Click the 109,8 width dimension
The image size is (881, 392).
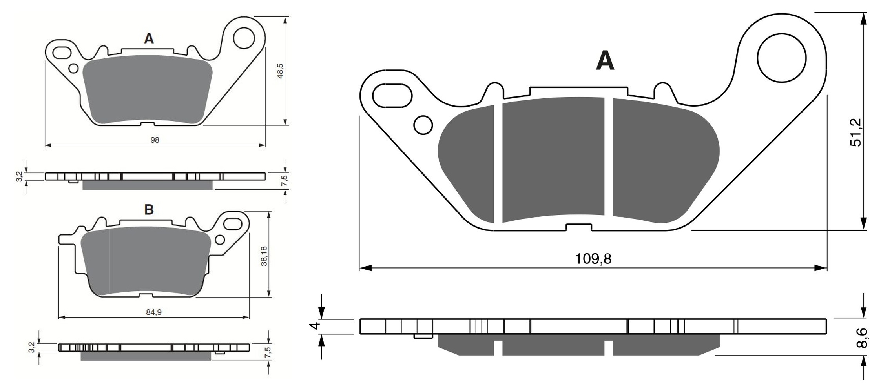tap(593, 259)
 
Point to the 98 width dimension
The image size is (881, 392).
tap(155, 140)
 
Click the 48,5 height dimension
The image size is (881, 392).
tap(280, 71)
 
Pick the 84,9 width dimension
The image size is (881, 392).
tap(154, 312)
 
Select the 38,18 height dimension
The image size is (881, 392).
tap(264, 256)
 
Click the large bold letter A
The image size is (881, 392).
tap(605, 61)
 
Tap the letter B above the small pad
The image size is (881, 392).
tap(149, 210)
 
